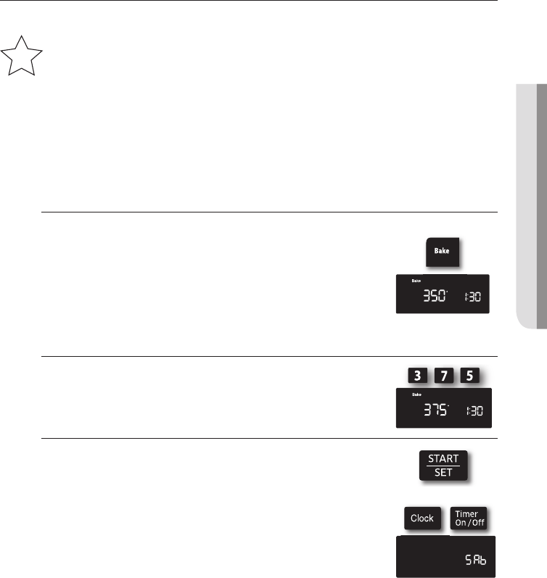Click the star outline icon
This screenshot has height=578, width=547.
pos(22,57)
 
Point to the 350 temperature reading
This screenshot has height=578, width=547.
pos(435,296)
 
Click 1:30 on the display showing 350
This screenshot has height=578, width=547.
pos(473,297)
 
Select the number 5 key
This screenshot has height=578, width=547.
pos(470,376)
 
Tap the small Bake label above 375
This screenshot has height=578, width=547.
pos(416,395)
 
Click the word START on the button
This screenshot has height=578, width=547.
pos(443,458)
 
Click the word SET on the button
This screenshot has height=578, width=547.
pos(443,472)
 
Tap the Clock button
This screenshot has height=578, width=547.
pos(421,518)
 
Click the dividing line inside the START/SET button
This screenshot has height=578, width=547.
pos(443,465)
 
